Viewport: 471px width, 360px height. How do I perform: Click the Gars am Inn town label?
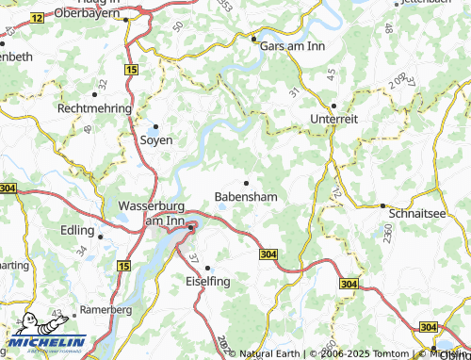click(293, 44)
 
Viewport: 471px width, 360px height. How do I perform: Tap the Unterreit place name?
click(333, 120)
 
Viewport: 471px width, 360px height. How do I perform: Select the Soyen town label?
click(156, 139)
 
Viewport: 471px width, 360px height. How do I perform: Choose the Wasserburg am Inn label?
click(152, 213)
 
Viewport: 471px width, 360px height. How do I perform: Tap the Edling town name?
click(77, 231)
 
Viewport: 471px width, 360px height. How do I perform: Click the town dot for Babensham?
click(247, 183)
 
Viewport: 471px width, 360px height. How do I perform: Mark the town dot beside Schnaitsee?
click(382, 205)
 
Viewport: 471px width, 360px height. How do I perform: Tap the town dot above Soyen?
click(156, 126)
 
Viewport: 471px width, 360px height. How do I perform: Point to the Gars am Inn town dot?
click(253, 39)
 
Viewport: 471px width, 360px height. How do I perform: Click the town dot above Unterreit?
click(333, 106)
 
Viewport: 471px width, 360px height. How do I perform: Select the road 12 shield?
click(37, 18)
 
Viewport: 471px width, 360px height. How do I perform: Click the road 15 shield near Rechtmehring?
click(130, 71)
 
